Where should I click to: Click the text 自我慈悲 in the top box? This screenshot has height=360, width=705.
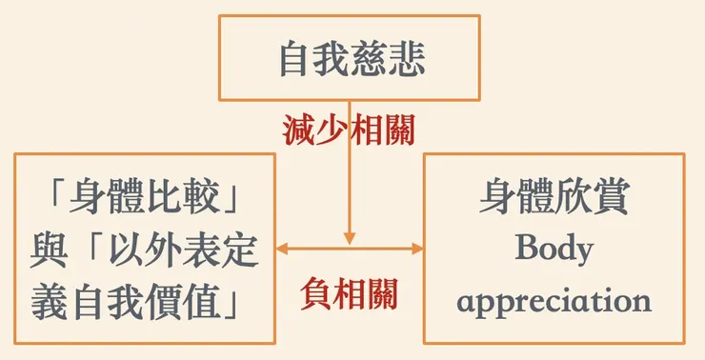pyautogui.click(x=352, y=59)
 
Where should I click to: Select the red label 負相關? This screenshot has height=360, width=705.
pyautogui.click(x=350, y=291)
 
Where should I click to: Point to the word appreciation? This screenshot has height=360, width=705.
pyautogui.click(x=554, y=302)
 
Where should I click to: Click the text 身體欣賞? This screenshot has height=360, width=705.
pyautogui.click(x=554, y=198)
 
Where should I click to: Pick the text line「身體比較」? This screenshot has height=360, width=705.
pyautogui.click(x=146, y=199)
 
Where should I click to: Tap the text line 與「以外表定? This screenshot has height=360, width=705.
pyautogui.click(x=146, y=251)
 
